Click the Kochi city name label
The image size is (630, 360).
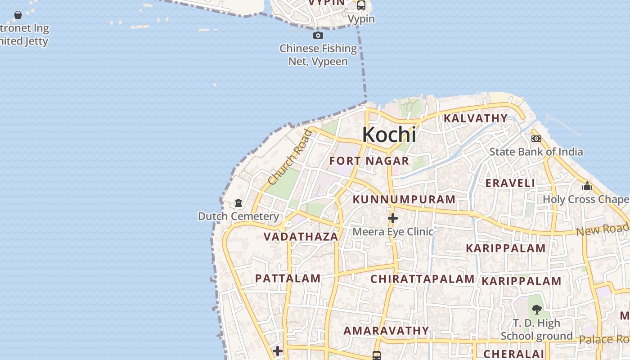click(389, 135)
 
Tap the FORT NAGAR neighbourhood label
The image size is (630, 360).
click(369, 161)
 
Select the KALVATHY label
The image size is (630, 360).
click(476, 118)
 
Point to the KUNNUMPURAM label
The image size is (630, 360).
click(404, 199)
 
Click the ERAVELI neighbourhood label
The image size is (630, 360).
click(510, 183)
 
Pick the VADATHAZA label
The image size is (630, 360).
click(301, 237)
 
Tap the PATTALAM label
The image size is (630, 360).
click(288, 279)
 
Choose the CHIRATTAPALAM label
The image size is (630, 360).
click(422, 279)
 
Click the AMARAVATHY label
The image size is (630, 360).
click(387, 331)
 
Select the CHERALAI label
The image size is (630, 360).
click(514, 354)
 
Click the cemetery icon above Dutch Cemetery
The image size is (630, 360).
click(238, 203)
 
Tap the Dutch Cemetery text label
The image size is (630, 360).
click(238, 216)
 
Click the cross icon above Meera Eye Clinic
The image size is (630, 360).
click(393, 218)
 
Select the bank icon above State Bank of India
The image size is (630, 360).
click(536, 139)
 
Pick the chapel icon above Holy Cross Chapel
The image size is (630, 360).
click(587, 186)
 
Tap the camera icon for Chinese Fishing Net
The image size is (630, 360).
click(318, 35)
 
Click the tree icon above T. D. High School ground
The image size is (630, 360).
click(536, 309)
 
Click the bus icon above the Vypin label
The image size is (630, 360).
click(361, 5)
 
